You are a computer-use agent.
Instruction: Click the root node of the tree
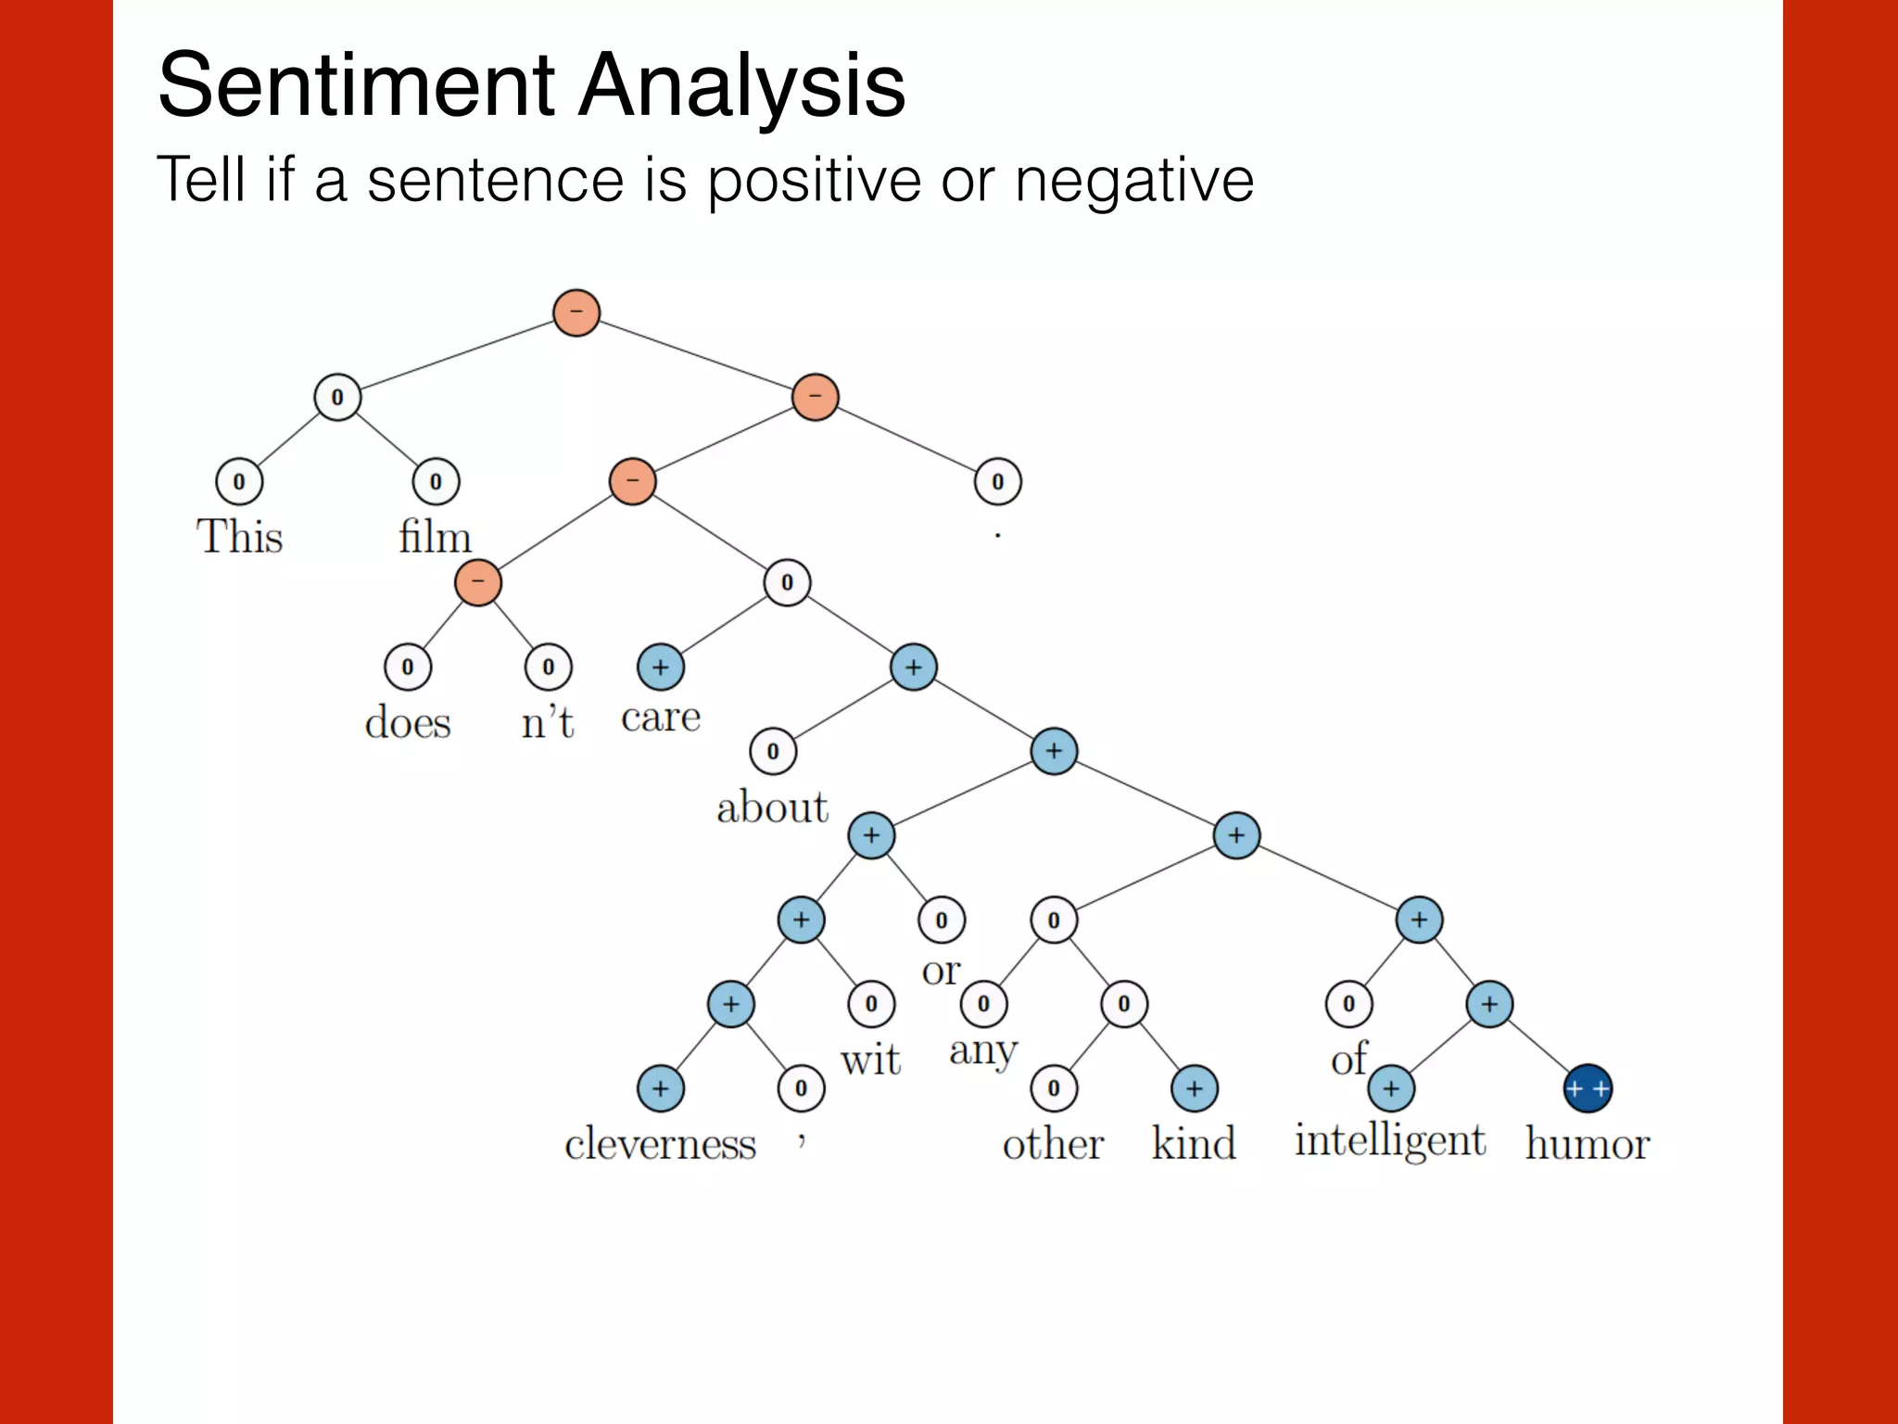(x=576, y=312)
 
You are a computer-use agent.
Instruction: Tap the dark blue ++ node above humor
(x=1587, y=1088)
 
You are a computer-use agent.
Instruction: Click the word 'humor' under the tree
(x=1587, y=1144)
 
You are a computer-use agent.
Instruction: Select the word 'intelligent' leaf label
(x=1389, y=1140)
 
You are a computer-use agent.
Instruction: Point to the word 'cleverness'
(x=660, y=1144)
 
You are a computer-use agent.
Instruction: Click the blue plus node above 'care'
(x=660, y=667)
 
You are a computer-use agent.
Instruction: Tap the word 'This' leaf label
(x=239, y=537)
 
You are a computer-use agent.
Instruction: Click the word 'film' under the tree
(x=435, y=537)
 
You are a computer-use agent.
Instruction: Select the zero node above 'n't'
(x=548, y=667)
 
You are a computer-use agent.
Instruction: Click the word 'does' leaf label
(x=408, y=722)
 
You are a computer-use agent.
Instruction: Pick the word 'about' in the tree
(x=772, y=807)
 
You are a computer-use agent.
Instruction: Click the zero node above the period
(x=997, y=482)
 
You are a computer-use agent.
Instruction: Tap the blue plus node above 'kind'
(x=1194, y=1088)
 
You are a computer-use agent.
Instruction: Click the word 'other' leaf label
(x=1053, y=1144)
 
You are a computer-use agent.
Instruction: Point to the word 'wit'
(x=870, y=1060)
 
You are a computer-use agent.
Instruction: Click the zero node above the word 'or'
(x=941, y=921)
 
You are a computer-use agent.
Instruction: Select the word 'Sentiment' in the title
(x=357, y=85)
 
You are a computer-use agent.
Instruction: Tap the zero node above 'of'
(x=1348, y=1004)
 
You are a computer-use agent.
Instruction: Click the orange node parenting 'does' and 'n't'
(x=477, y=583)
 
